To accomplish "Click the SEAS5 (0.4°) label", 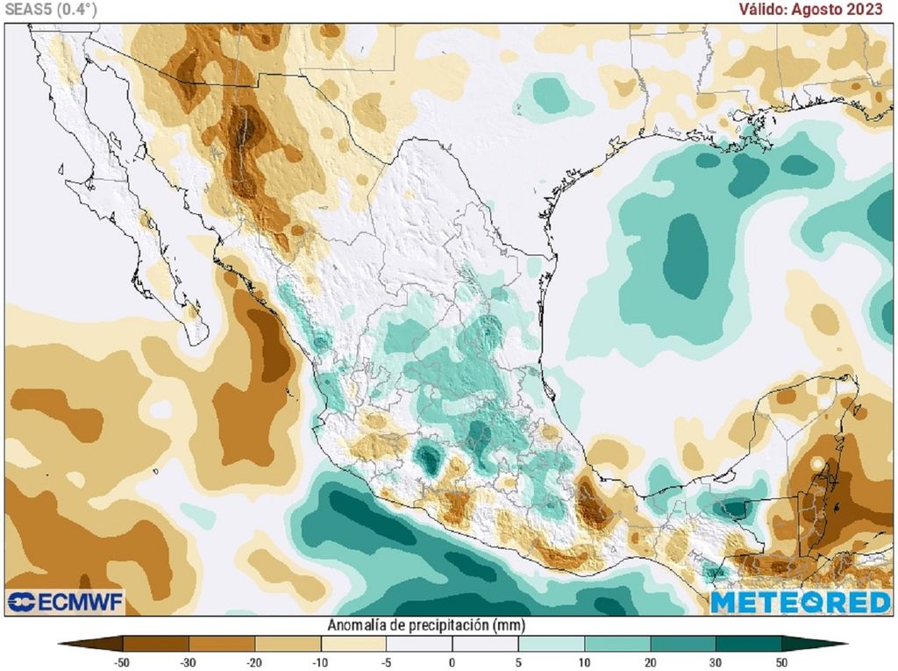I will (x=50, y=9).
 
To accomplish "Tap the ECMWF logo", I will (x=66, y=602).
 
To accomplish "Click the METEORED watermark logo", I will (x=800, y=602).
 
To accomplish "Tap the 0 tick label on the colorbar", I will (x=452, y=660).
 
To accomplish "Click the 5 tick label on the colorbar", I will (x=517, y=660).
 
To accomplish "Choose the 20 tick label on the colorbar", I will (x=651, y=660).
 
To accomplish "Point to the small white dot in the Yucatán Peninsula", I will (x=817, y=462).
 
